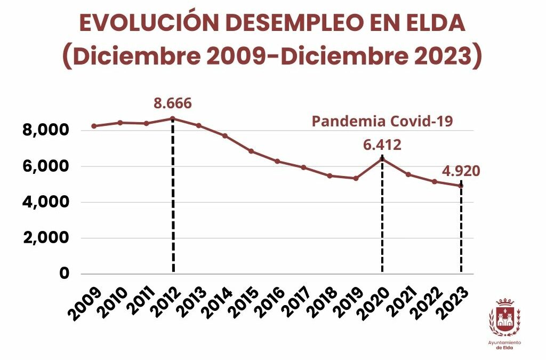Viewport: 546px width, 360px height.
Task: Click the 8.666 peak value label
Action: [172, 103]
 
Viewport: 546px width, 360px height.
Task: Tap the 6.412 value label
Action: [382, 145]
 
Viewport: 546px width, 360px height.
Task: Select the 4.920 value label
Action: [461, 171]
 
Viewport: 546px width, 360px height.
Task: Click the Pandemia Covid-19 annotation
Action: [382, 121]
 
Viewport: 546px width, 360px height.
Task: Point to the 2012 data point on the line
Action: [173, 118]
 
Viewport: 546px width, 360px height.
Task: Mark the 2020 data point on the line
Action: [382, 158]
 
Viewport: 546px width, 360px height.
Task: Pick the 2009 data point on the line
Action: [94, 126]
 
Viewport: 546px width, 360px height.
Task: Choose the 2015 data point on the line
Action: [251, 151]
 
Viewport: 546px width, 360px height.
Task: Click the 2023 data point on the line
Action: [461, 186]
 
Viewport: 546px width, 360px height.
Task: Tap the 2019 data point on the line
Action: [356, 178]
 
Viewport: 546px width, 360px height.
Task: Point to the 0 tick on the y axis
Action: [65, 274]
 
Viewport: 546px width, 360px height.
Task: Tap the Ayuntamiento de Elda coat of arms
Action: [504, 317]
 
